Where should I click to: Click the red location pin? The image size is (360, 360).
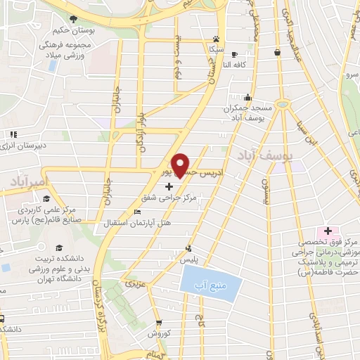coord(181,163)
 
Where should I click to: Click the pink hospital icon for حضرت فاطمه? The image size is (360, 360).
coord(326,232)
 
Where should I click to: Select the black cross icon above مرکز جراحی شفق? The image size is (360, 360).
coord(169,187)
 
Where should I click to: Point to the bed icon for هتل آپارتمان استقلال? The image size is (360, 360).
coord(138,212)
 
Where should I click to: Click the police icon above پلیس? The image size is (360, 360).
coord(188,247)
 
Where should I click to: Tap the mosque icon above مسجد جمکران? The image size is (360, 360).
coord(247,98)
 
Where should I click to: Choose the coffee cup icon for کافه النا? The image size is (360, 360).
coord(234,53)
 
